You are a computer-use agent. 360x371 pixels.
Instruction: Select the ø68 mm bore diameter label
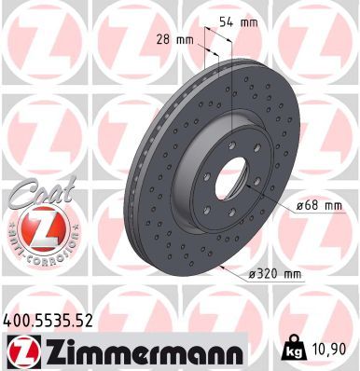click(x=312, y=208)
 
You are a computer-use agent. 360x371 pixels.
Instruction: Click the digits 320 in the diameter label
click(x=266, y=273)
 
